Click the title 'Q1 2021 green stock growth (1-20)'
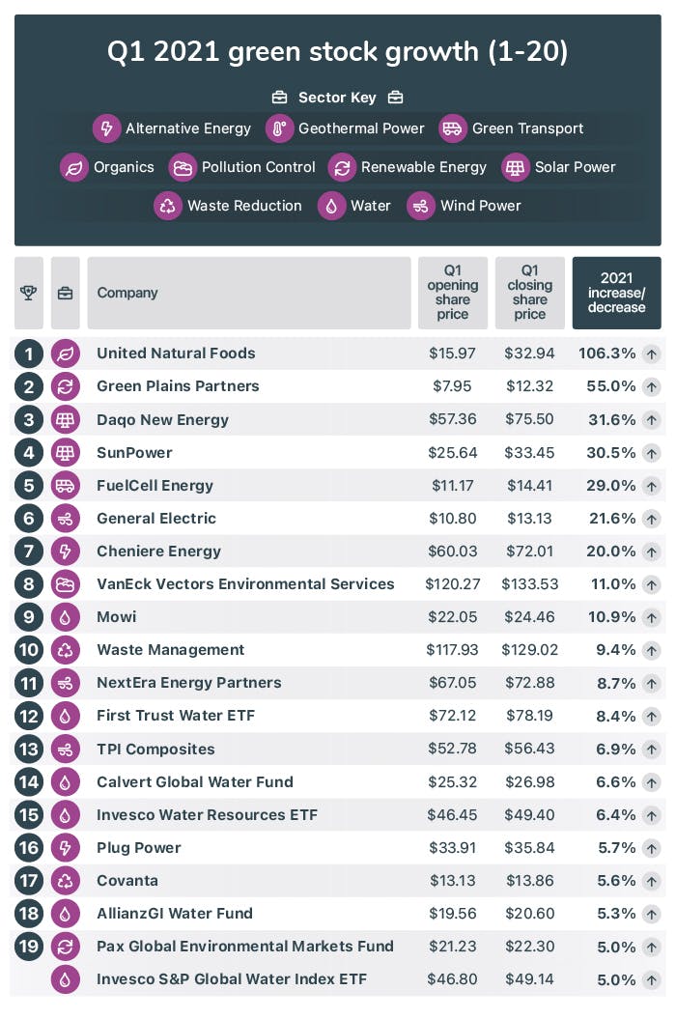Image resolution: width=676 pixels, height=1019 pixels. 337,52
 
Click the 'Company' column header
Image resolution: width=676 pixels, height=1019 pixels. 127,293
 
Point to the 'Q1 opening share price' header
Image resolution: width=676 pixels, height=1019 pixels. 452,293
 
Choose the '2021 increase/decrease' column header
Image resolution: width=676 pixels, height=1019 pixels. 616,293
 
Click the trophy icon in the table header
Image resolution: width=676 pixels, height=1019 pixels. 28,293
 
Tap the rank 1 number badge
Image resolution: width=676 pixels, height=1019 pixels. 28,354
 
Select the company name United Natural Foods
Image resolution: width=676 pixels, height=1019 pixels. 176,354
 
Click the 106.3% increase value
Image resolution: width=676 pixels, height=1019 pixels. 606,354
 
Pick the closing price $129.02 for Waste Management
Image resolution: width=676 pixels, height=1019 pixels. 530,650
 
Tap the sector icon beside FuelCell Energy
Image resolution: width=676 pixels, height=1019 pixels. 66,486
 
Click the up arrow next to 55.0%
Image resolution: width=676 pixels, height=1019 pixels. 652,386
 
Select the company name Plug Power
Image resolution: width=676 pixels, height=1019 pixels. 139,848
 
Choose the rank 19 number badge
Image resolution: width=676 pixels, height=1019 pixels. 28,947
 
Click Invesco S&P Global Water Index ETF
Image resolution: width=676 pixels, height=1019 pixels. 232,979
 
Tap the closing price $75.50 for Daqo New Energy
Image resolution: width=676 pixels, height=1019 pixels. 530,420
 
